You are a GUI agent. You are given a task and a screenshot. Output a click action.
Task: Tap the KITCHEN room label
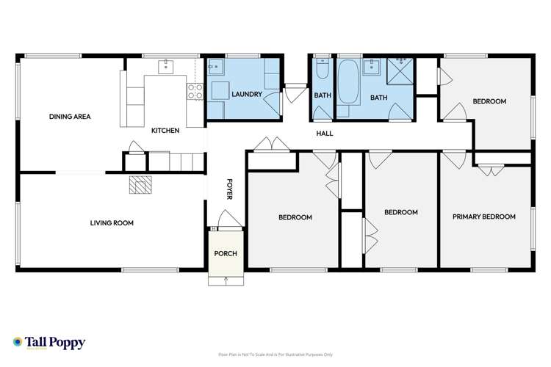[x=165, y=131]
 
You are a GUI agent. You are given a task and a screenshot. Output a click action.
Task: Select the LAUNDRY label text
[x=246, y=94]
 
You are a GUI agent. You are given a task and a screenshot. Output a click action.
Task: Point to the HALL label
[x=325, y=134]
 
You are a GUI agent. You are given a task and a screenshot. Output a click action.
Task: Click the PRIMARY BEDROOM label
[x=485, y=217]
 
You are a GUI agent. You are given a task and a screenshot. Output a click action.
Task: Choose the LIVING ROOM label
[x=112, y=222]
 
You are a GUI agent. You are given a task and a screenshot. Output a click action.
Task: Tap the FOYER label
[x=228, y=189]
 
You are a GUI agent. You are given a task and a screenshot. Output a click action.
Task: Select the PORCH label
[x=225, y=254]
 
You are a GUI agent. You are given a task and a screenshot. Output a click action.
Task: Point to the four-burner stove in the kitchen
[x=195, y=91]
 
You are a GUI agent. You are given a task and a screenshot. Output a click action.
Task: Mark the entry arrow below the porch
[x=225, y=280]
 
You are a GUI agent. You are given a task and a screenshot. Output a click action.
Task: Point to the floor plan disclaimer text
[x=275, y=355]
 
